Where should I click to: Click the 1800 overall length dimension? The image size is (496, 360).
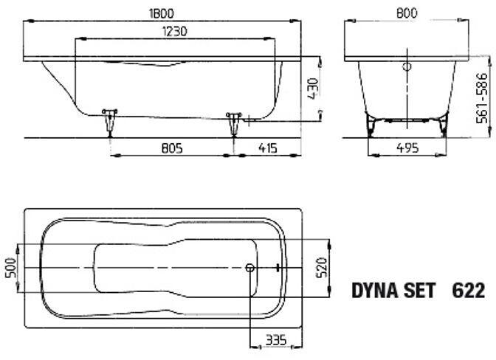coord(162,13)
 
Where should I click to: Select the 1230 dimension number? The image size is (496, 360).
coord(175,31)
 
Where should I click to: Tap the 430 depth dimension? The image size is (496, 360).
coord(314,89)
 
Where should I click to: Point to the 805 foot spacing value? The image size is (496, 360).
coord(172,148)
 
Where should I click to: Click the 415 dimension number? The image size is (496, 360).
coord(268,148)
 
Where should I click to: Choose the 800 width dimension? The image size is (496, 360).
coord(407,13)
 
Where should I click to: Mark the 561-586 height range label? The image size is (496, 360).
coord(483,98)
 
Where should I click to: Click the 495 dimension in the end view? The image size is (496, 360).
coord(407,148)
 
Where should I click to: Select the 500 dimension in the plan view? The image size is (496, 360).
coord(11,268)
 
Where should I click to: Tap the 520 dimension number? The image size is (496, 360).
coord(322,267)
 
